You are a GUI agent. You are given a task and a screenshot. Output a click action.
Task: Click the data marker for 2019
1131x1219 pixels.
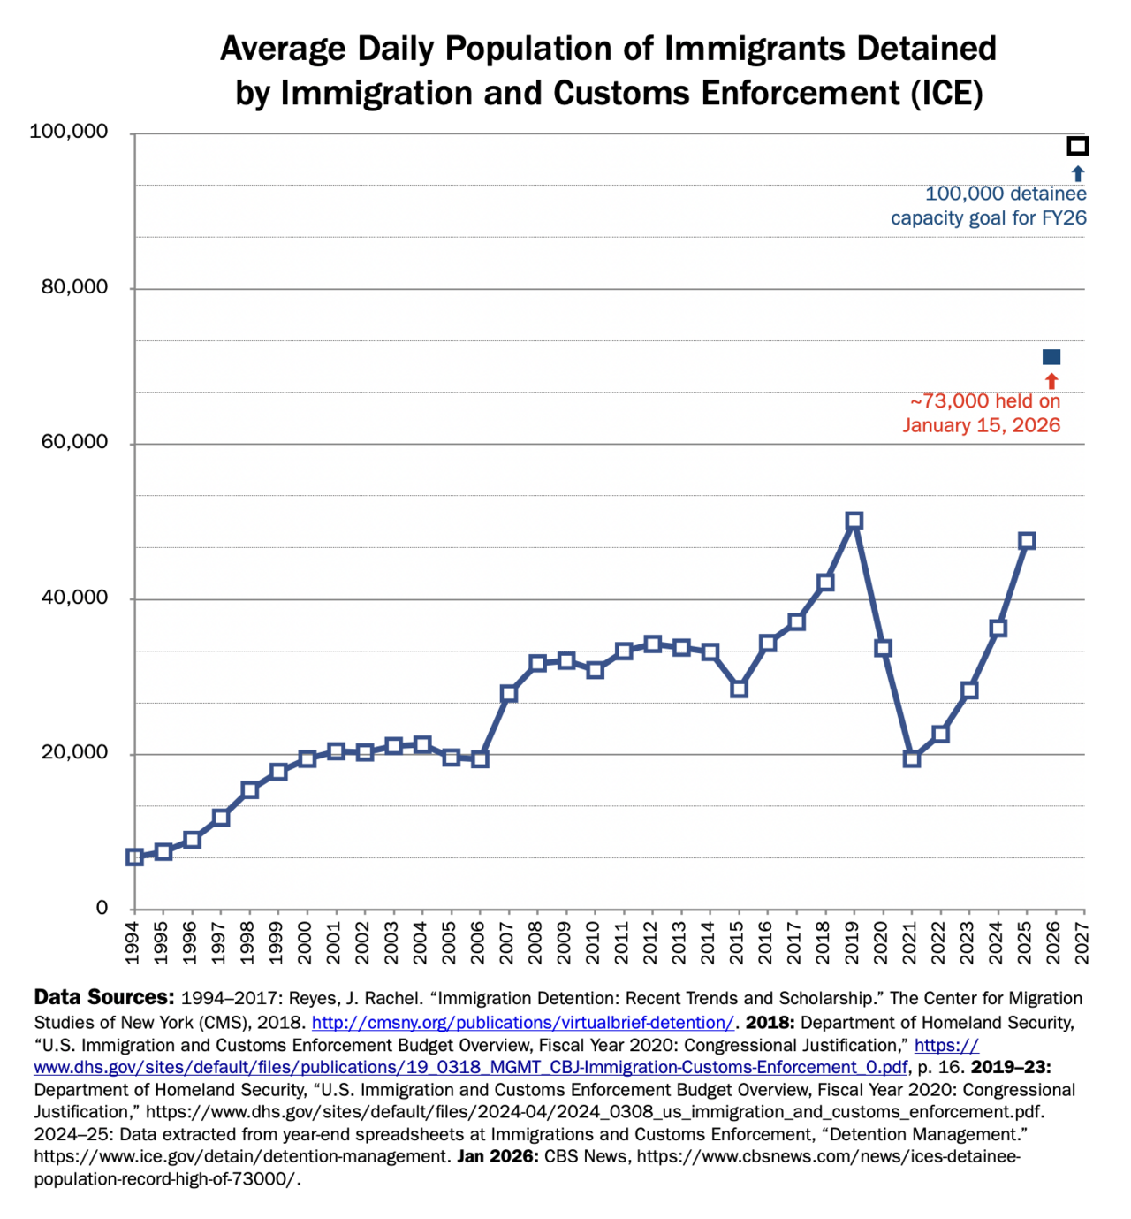point(854,522)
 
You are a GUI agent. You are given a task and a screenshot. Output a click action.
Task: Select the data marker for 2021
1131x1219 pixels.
point(911,759)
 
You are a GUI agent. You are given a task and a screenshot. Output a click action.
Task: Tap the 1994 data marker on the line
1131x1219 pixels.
point(134,857)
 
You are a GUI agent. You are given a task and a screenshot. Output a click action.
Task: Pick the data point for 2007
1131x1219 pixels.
point(508,694)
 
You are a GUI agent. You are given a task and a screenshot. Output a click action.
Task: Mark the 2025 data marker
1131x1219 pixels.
point(1027,541)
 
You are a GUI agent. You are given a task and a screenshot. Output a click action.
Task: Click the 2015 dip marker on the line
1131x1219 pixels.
point(739,689)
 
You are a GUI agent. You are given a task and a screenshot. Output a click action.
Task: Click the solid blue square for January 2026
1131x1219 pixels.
point(1051,357)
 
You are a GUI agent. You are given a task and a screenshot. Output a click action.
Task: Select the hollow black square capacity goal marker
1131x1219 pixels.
point(1078,146)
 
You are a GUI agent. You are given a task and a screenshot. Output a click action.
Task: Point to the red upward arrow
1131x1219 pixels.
point(1051,381)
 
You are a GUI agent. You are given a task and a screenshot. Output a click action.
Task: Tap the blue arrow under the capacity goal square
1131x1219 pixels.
point(1078,174)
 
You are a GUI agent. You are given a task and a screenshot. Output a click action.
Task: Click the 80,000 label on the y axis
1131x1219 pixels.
point(74,286)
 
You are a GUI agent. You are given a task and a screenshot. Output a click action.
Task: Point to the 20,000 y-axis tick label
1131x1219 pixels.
point(74,752)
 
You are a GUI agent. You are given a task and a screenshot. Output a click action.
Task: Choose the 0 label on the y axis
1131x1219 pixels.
point(102,907)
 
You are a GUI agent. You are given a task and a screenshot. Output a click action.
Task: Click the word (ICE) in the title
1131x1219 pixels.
point(947,94)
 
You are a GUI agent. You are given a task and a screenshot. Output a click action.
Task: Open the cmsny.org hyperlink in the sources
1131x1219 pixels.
point(523,1022)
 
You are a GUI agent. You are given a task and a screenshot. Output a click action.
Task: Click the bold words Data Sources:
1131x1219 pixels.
point(104,997)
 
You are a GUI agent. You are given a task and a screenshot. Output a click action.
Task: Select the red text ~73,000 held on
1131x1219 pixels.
point(985,400)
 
